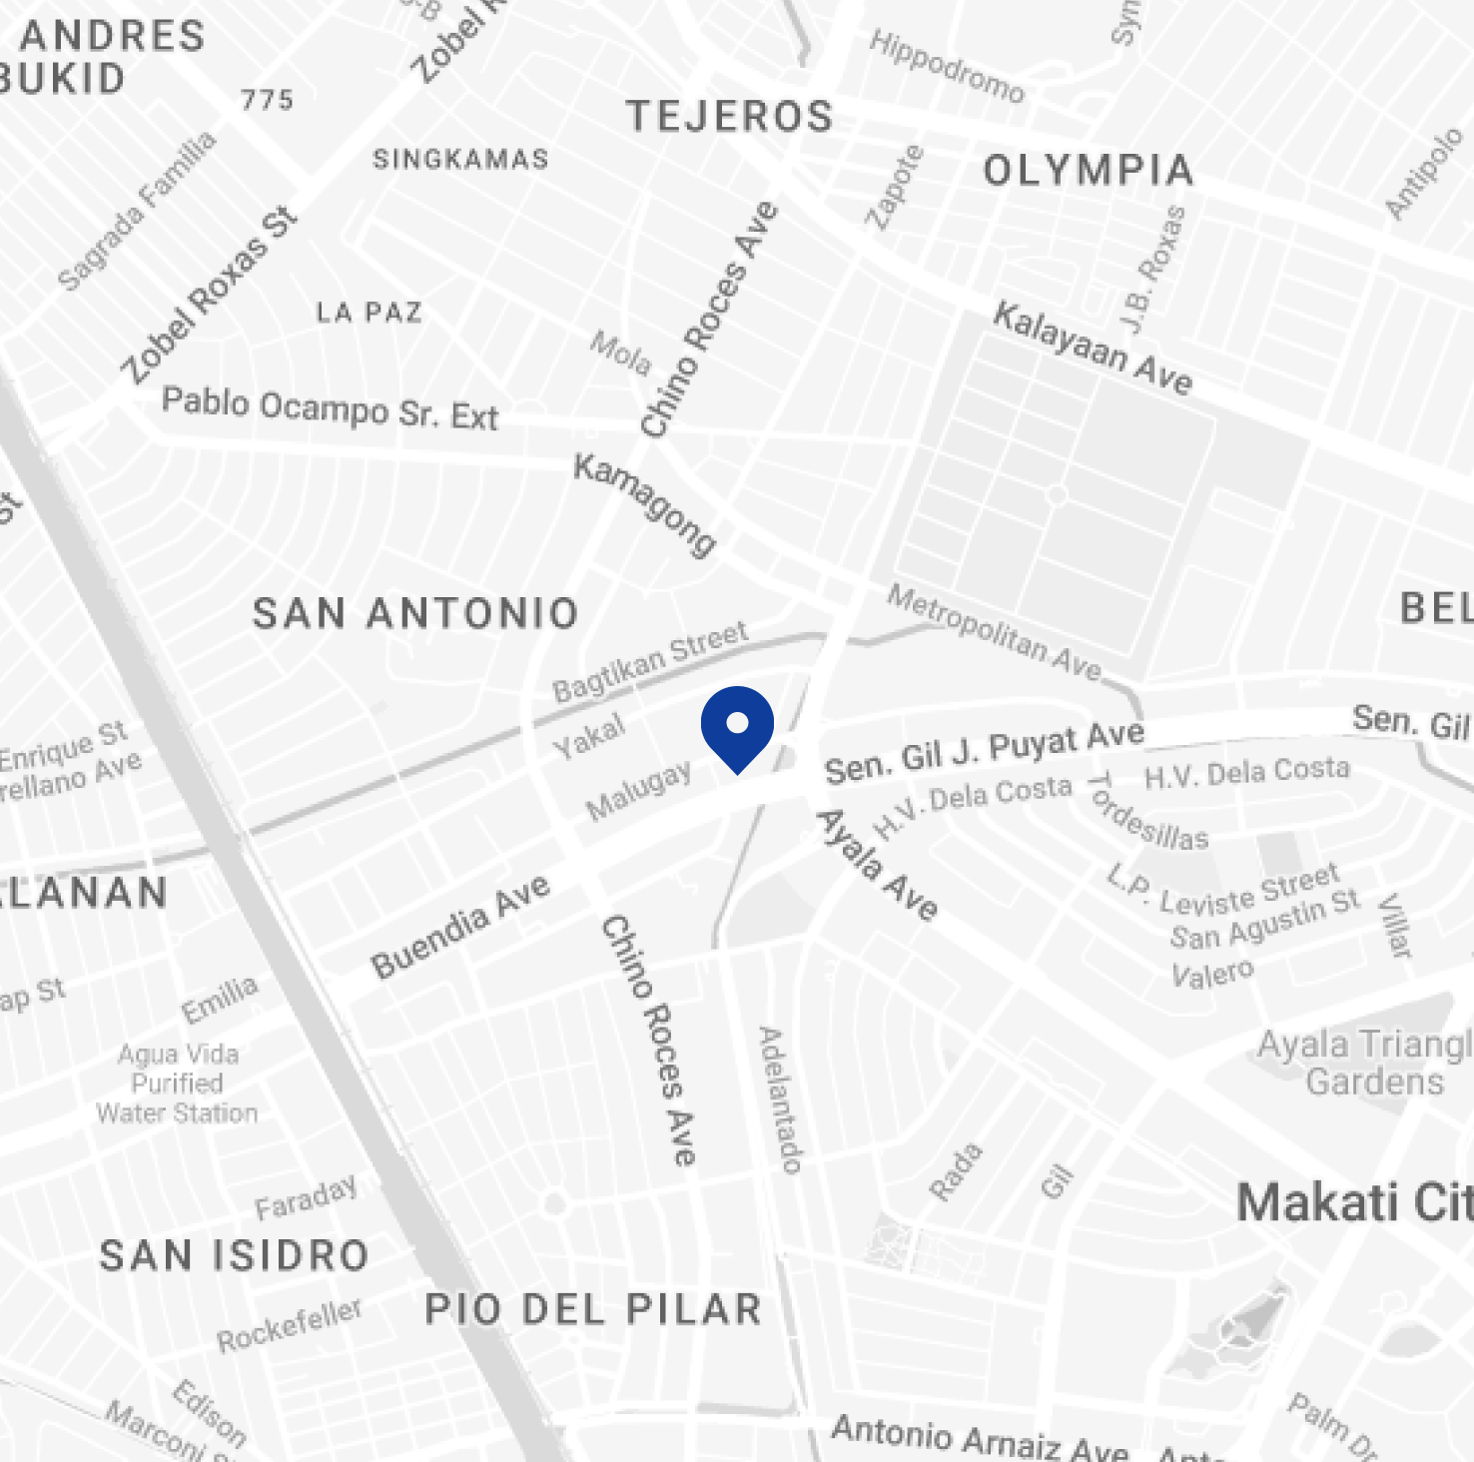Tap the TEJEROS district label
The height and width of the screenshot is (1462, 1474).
click(x=730, y=117)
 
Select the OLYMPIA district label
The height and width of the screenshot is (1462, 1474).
click(x=1089, y=171)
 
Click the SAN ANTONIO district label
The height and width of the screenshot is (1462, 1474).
click(x=415, y=613)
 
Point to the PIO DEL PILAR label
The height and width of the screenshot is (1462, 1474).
click(x=593, y=1309)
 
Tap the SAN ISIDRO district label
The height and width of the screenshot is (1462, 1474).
click(x=235, y=1255)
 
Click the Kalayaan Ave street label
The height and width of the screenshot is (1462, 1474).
click(x=1093, y=349)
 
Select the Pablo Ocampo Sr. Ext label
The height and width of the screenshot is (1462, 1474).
click(x=330, y=408)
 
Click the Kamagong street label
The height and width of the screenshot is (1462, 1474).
click(x=645, y=504)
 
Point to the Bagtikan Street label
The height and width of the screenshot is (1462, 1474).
click(x=650, y=660)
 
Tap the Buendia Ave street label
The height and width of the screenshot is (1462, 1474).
click(x=460, y=926)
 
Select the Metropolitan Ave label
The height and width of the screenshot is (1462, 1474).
click(x=995, y=632)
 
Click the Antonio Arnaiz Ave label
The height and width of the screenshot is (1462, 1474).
click(x=980, y=1437)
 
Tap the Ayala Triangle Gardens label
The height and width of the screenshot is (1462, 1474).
click(x=1364, y=1064)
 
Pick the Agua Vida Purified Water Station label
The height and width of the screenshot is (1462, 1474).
click(x=178, y=1084)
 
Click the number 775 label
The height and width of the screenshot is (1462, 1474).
click(x=267, y=100)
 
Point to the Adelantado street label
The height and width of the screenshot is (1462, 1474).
click(x=781, y=1099)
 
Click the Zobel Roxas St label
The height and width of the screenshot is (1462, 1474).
click(x=210, y=296)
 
